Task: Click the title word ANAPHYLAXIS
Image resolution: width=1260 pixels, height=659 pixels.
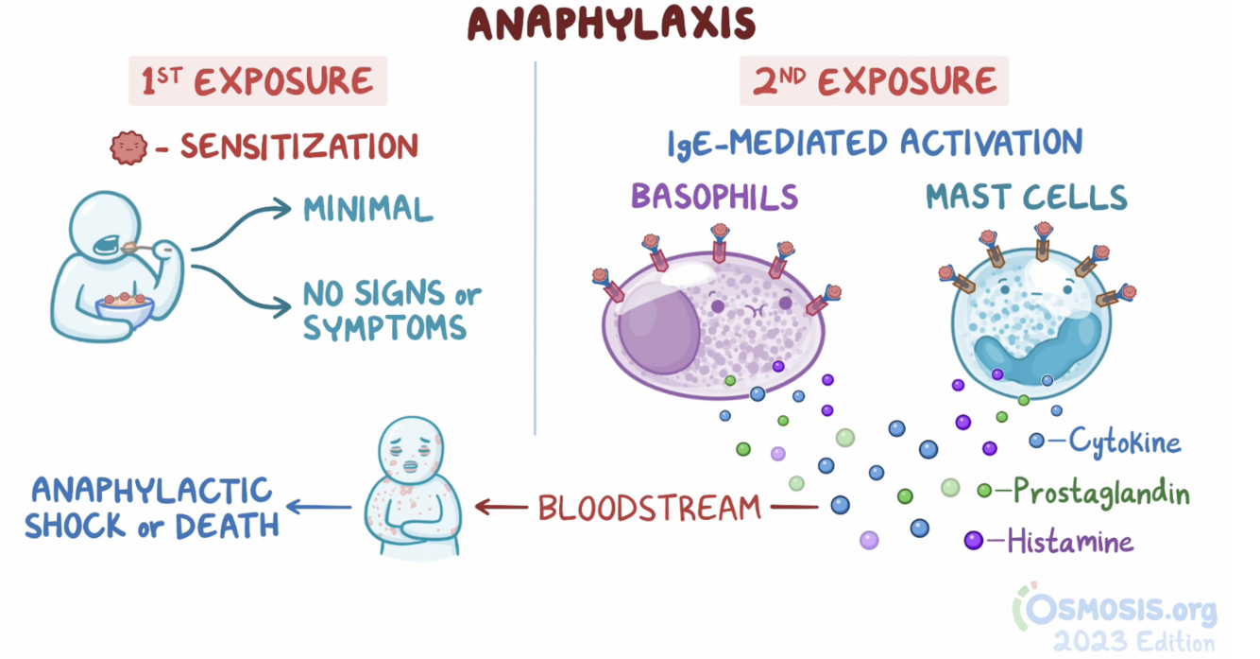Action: coord(611,25)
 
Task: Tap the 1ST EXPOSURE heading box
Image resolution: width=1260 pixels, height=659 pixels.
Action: coord(257,82)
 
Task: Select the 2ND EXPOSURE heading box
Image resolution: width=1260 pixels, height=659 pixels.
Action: coord(874,82)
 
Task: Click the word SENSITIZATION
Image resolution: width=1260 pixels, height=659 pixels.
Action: coord(298,147)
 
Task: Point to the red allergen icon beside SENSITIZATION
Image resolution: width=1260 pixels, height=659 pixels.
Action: coord(128,147)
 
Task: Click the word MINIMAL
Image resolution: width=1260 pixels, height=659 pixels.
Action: coord(367,209)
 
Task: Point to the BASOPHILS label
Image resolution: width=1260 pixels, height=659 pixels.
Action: coord(714,197)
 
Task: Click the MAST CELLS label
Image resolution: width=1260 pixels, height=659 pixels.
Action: coord(1026,197)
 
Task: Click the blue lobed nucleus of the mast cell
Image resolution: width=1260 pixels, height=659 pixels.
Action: coord(1037,346)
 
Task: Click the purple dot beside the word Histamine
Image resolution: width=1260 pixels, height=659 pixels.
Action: coord(973,541)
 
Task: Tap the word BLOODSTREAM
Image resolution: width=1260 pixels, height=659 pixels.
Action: coord(649,508)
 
